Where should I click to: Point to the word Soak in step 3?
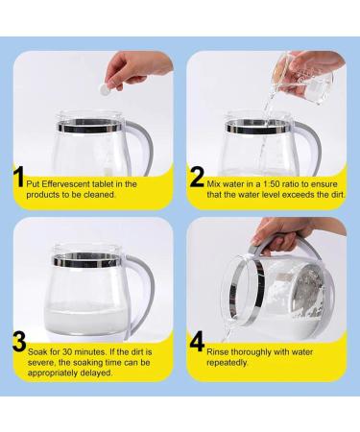click(44, 363)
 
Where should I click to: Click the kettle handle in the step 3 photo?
click(149, 288)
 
